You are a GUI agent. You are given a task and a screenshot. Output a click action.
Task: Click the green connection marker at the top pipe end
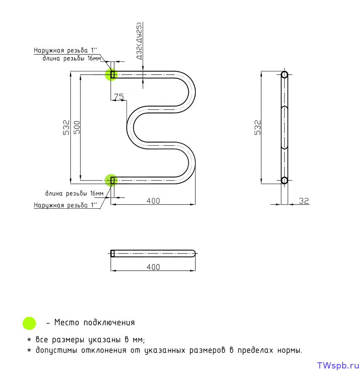click(x=112, y=75)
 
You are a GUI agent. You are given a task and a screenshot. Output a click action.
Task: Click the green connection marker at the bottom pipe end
click(x=111, y=180)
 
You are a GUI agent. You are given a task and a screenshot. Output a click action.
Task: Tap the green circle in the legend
click(x=29, y=323)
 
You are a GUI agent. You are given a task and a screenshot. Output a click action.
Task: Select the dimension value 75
click(x=119, y=97)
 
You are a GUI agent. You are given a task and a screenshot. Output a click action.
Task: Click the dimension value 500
click(x=77, y=127)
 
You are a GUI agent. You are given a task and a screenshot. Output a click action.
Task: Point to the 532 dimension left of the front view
click(x=66, y=127)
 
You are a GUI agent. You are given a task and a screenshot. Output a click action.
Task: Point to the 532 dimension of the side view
click(x=258, y=127)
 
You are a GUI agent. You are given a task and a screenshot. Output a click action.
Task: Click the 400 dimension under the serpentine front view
click(x=153, y=201)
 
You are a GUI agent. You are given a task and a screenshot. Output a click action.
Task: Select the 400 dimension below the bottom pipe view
click(x=153, y=267)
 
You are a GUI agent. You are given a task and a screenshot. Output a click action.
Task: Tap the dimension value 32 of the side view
click(x=304, y=201)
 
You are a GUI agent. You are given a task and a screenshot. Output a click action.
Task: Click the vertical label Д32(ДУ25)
click(x=139, y=41)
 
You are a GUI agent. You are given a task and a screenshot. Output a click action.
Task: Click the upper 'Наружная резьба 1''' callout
click(x=66, y=50)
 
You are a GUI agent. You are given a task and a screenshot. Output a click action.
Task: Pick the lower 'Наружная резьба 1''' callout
click(x=66, y=205)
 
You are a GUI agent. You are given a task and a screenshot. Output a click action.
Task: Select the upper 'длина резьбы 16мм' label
click(x=72, y=59)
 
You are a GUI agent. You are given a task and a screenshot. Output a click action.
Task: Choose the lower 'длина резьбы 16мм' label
click(x=74, y=193)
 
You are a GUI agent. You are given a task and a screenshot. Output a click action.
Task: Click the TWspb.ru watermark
click(x=338, y=365)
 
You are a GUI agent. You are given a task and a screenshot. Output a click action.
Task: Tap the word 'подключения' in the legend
click(x=109, y=322)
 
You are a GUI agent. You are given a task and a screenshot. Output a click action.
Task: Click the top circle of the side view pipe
click(x=285, y=75)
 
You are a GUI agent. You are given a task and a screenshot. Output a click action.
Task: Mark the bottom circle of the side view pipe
click(x=285, y=180)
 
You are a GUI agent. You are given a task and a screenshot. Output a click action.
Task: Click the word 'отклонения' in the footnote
click(x=104, y=350)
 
